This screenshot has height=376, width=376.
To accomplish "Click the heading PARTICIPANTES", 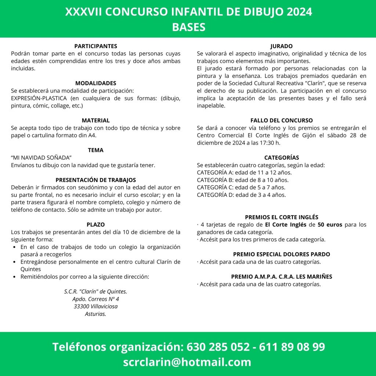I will coord(95,46).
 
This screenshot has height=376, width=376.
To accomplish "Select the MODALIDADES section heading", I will coord(95,83).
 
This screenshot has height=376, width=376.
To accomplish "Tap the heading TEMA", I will coord(95,150).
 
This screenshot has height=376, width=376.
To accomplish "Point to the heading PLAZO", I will coord(95,224).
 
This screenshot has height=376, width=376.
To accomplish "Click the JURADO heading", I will coord(281,46).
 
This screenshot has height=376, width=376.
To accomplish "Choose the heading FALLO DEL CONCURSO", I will coord(281,120).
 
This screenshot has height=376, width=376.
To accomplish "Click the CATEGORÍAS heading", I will coord(281,158).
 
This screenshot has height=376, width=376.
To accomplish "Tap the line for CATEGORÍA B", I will coord(243,180).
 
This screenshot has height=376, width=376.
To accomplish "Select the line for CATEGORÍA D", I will coord(241,195).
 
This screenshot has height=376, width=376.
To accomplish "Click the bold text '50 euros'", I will coord(330,225).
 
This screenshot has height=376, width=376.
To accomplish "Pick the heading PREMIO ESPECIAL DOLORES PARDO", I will coord(281,254).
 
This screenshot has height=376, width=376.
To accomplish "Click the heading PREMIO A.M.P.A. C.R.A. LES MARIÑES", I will coord(281,276).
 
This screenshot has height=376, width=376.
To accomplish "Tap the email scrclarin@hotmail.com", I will coord(187,362).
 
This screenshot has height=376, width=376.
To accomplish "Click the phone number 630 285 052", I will coord(217,347).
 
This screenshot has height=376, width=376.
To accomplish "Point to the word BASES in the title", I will coord(188,27).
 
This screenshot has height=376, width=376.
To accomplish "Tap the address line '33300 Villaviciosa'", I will coord(95,307).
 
